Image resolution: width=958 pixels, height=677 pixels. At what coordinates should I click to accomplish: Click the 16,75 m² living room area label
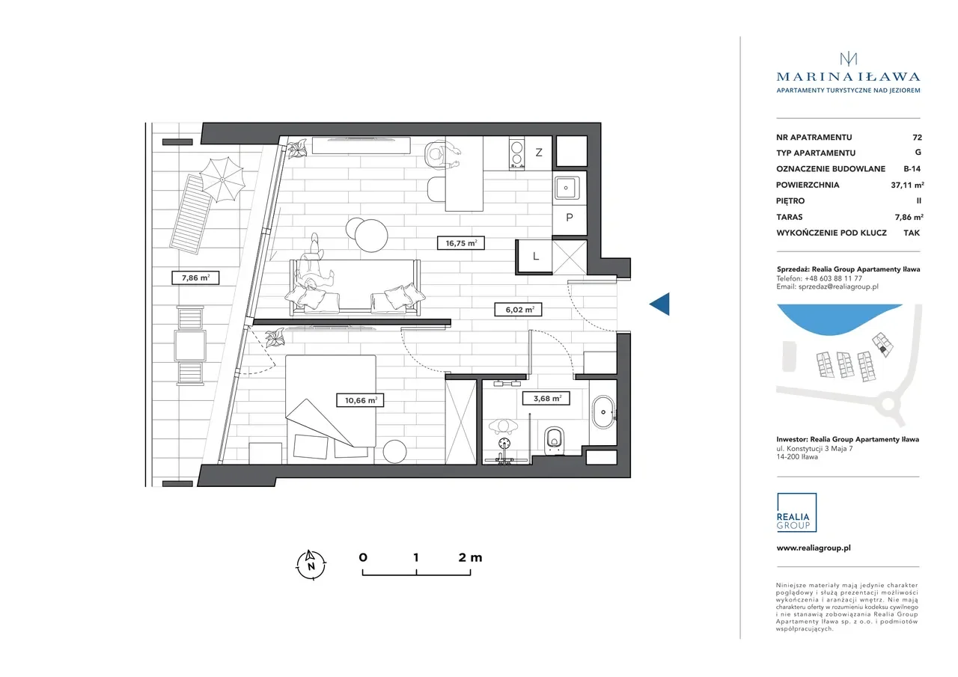tap(460, 243)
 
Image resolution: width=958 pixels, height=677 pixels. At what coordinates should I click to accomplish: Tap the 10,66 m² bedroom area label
tap(360, 400)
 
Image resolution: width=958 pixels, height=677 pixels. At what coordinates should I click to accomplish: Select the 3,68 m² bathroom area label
tap(546, 398)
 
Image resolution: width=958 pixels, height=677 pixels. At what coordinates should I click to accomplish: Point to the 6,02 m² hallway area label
tap(519, 310)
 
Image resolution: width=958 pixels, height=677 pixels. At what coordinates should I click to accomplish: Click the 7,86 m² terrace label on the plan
tap(195, 278)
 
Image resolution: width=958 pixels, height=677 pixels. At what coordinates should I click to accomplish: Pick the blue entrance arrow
tap(659, 304)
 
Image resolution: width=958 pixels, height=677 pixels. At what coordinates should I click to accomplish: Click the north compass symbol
tap(311, 565)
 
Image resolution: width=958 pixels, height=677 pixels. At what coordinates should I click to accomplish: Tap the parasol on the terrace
tap(222, 180)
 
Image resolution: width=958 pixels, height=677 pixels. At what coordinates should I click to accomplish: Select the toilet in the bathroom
tap(555, 440)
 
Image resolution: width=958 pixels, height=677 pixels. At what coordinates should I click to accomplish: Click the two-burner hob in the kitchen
tap(516, 154)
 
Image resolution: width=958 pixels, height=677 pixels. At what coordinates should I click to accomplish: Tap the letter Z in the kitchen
tap(539, 152)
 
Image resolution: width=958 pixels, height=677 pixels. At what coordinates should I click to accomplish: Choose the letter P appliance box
tap(570, 217)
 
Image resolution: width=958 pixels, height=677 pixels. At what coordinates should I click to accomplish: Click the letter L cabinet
tap(535, 256)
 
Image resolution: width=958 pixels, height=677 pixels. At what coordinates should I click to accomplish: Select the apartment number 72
tap(917, 137)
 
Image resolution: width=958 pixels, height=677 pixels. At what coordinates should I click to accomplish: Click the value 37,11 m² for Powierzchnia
tap(908, 185)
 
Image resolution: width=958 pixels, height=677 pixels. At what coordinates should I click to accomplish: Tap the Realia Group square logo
tap(796, 512)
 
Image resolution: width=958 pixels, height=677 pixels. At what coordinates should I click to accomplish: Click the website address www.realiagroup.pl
tap(814, 548)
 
